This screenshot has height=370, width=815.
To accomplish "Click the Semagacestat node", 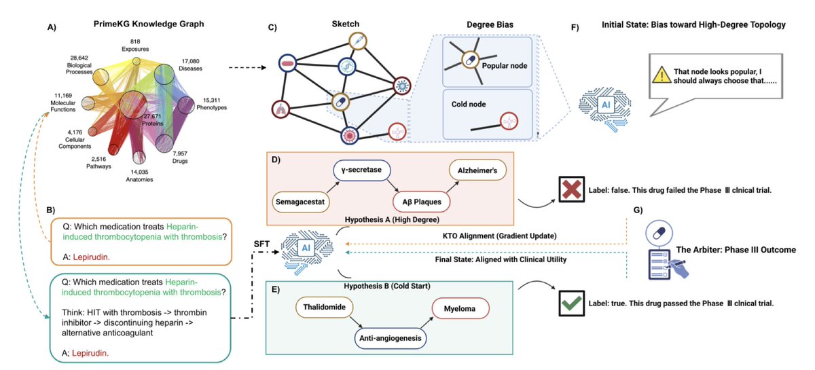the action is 300,202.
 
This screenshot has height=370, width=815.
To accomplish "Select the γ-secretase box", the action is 361,170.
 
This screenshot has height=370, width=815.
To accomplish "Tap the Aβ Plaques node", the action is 421,202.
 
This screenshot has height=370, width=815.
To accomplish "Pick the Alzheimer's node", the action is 477,170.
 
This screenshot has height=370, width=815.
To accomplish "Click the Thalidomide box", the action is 324,307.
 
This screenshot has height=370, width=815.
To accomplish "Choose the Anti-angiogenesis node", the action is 391,338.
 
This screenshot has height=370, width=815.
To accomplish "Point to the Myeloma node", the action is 460,308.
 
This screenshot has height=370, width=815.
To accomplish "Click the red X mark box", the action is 572,189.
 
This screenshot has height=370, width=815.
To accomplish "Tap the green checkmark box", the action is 572,303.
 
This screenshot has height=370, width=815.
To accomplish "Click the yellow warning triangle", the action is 662,75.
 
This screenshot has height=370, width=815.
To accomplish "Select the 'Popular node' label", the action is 504,66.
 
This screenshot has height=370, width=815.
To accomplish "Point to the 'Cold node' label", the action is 469,105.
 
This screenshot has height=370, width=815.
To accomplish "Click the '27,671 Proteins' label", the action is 152,120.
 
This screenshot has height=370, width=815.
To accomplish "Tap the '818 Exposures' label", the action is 135,45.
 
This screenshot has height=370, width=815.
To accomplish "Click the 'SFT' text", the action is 261,244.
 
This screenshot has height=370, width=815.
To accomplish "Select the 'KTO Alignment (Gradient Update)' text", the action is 500,236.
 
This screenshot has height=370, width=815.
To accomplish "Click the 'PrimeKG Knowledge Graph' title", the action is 149,24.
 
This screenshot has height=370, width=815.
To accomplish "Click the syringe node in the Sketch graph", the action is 358,41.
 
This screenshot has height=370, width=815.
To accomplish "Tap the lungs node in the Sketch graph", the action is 280,109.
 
